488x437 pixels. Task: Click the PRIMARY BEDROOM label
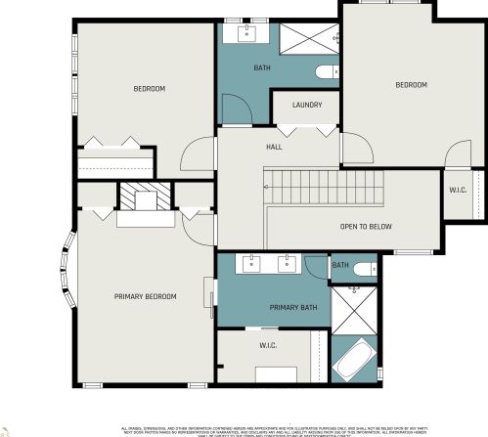point(145,296)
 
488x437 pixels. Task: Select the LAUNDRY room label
point(305,105)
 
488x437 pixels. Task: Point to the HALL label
point(274,147)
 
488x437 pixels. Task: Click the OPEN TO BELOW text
point(366,226)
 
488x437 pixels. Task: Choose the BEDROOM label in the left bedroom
point(150,89)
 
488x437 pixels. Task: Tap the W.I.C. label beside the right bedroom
point(458,190)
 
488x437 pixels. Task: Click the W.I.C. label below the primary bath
point(269,345)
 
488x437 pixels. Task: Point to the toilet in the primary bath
point(362,268)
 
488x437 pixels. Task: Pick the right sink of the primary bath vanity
point(288,263)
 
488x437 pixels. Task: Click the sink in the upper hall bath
point(244,36)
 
